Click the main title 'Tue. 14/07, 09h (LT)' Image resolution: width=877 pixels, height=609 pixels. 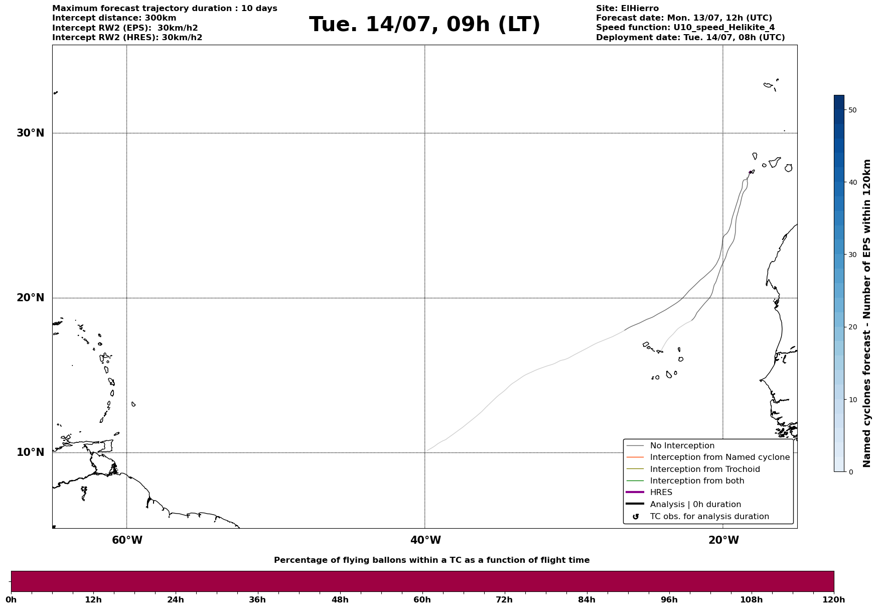pos(424,25)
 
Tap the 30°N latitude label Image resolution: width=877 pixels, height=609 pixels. pos(31,133)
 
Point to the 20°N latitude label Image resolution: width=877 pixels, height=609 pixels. pos(31,298)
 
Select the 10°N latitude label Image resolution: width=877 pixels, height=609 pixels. pos(31,452)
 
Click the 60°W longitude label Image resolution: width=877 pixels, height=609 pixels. pos(127,540)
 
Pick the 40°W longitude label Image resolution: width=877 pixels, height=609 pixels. pos(425,540)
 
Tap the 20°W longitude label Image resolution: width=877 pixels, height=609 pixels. pos(723,540)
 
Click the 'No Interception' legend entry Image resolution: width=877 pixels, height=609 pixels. pos(682,446)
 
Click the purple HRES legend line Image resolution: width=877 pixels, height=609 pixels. pos(635,493)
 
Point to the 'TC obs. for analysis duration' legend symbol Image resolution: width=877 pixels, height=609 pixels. pos(636,517)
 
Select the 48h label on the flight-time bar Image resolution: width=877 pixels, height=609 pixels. pos(340,600)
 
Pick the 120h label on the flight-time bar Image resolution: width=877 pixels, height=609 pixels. pos(833,600)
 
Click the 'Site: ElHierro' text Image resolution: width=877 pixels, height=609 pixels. pos(627,9)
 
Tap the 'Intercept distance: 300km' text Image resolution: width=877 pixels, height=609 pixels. pos(114,18)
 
